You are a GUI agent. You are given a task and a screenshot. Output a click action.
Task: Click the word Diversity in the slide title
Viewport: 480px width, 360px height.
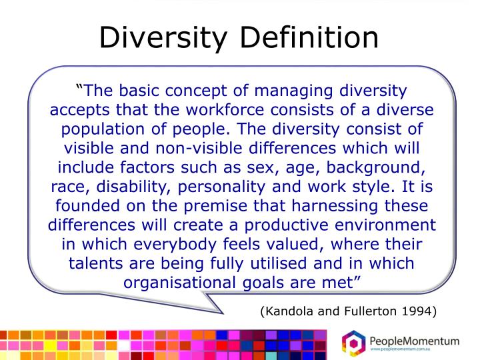165,38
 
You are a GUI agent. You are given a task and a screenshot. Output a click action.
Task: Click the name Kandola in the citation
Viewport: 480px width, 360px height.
287,311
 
